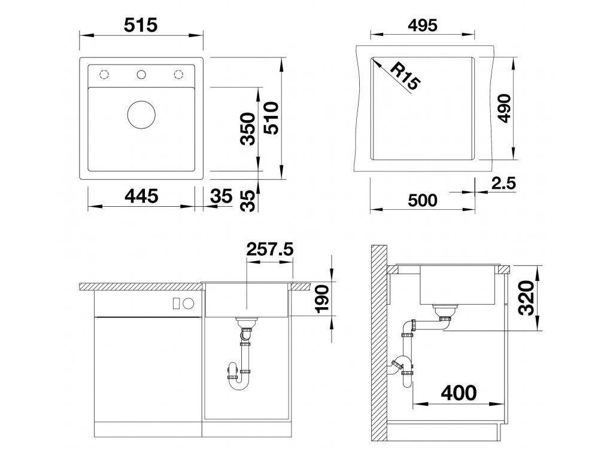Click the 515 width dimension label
141,26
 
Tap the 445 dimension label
141,196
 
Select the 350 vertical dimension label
248,129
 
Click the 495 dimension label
423,25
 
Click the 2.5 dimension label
503,183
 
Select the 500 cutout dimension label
423,201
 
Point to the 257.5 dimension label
270,249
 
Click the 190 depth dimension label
322,299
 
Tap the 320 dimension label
526,298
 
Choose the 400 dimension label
459,393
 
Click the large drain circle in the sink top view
141,115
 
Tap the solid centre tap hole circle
141,75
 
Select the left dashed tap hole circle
104,75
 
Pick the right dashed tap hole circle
178,75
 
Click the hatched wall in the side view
379,344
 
